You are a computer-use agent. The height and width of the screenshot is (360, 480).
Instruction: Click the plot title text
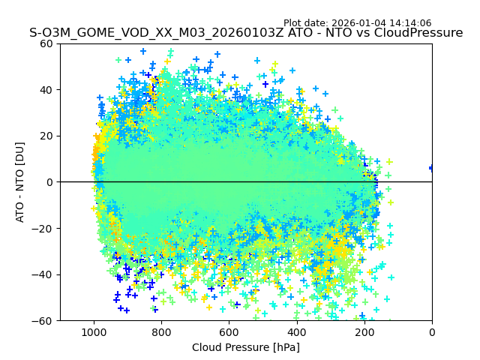tap(246, 33)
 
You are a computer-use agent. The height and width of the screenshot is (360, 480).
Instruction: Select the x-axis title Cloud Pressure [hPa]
tap(246, 347)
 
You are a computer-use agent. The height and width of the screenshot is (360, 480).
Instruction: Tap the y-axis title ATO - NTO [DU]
tap(21, 181)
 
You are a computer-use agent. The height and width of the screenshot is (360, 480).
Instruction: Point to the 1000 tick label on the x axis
tap(94, 332)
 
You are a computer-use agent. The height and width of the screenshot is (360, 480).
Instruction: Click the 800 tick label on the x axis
tap(161, 332)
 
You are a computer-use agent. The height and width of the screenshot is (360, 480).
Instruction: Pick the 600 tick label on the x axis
tap(229, 332)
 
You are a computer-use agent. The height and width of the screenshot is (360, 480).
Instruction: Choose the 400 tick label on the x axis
tap(297, 332)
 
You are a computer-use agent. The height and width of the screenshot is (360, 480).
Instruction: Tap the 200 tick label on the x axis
tap(364, 332)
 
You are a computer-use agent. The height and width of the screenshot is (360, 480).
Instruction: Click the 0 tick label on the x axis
tap(432, 332)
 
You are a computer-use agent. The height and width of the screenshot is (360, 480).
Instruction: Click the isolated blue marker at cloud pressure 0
tap(431, 168)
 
